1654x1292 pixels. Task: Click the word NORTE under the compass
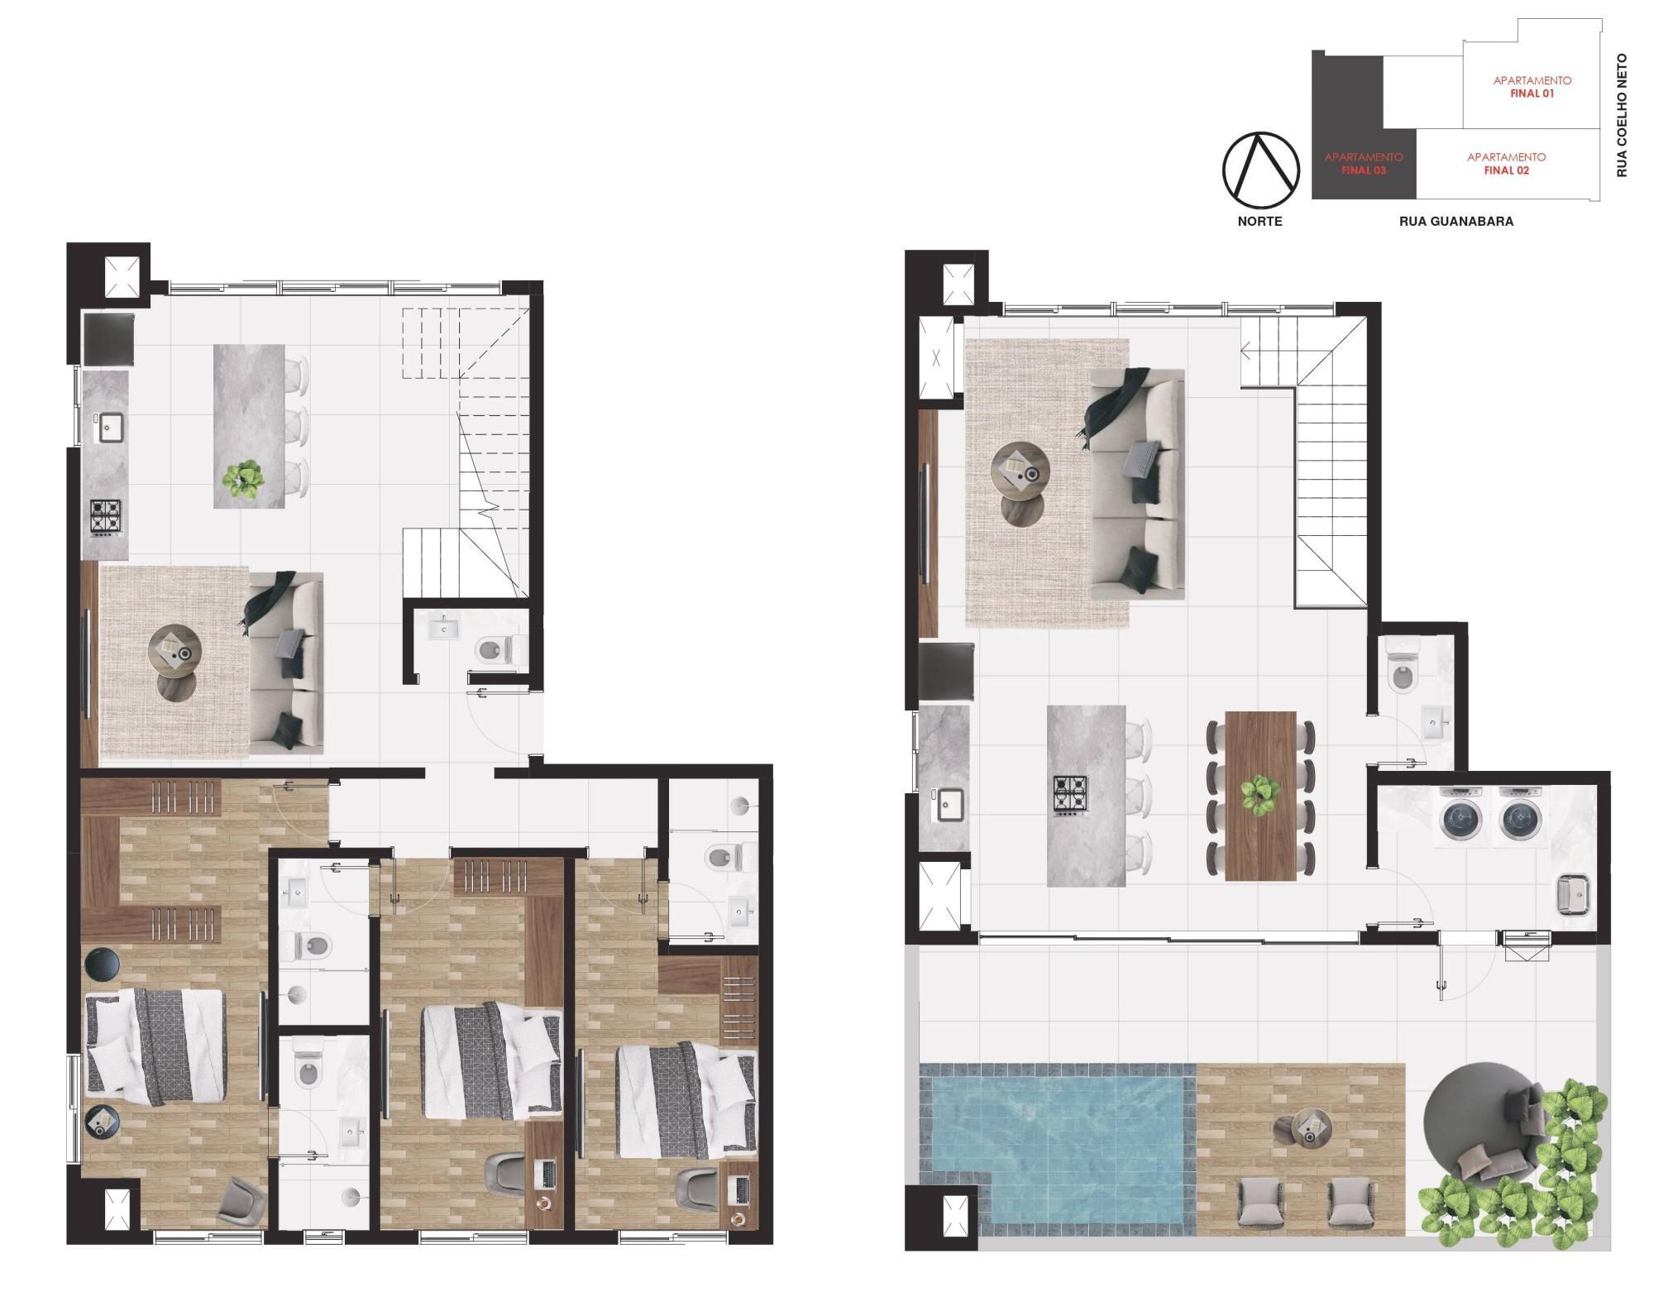[x=1260, y=222]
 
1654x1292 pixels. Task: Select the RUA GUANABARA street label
[x=1456, y=222]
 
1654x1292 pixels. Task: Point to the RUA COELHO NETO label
[x=1622, y=116]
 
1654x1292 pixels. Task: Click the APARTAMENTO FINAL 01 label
[x=1532, y=87]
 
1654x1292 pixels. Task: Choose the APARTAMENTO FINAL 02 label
[x=1506, y=164]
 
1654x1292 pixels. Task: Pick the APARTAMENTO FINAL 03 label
[x=1364, y=164]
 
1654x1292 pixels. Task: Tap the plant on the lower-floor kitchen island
[x=244, y=478]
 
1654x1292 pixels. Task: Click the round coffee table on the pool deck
[x=1306, y=1127]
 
